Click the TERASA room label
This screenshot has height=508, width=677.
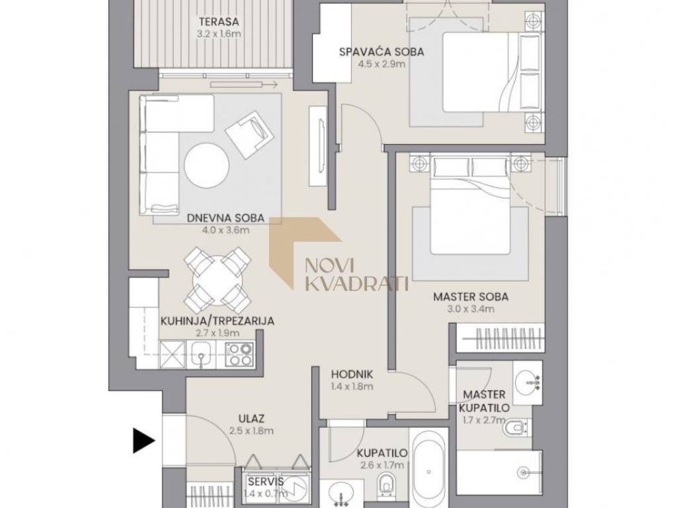point(218,21)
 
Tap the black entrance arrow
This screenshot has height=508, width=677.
point(143,441)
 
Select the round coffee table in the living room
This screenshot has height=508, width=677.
point(207,165)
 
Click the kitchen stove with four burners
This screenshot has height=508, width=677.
point(239,354)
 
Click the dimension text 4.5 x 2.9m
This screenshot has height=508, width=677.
point(381,64)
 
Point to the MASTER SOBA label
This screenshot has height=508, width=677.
point(471,297)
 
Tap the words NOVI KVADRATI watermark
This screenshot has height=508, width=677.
point(356,275)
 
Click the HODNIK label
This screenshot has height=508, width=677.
point(352,374)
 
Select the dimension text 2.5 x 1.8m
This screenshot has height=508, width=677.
point(252,431)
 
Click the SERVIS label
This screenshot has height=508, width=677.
point(266,482)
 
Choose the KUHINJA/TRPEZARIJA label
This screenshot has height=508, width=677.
point(218,321)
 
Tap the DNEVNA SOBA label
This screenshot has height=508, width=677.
point(226,218)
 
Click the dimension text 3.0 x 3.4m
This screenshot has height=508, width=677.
point(471,309)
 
